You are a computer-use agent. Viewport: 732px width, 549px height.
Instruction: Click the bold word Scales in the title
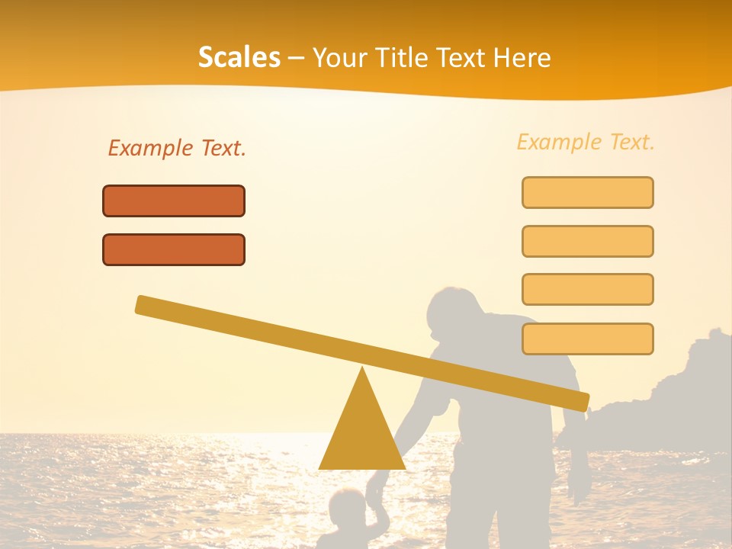point(239,57)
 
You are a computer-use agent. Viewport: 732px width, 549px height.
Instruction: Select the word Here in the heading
point(523,57)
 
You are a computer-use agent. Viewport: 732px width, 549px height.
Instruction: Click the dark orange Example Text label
point(177,148)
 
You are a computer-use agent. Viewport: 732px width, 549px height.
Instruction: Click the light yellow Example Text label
point(586,142)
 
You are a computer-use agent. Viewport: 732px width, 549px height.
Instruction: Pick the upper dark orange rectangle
point(174,201)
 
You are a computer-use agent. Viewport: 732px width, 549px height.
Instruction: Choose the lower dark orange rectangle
point(174,249)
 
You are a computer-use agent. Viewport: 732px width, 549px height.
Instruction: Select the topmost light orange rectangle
point(587,192)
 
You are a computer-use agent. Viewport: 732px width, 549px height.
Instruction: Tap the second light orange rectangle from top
point(587,241)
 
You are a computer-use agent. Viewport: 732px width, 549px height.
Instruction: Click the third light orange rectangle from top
point(587,289)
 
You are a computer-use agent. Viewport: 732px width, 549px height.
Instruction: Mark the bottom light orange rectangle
point(587,339)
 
